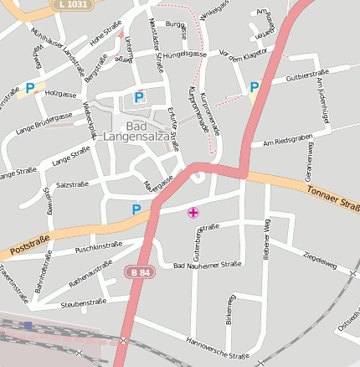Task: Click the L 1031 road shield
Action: pos(73,5)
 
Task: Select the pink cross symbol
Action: pos(193,213)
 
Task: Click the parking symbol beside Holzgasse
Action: pos(30,87)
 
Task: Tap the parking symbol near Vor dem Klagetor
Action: pos(254,86)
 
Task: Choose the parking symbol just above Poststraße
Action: pos(136,209)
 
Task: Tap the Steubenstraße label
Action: pos(84,302)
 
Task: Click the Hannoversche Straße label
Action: pos(218,349)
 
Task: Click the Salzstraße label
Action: pos(72,184)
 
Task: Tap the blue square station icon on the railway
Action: pos(28,325)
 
